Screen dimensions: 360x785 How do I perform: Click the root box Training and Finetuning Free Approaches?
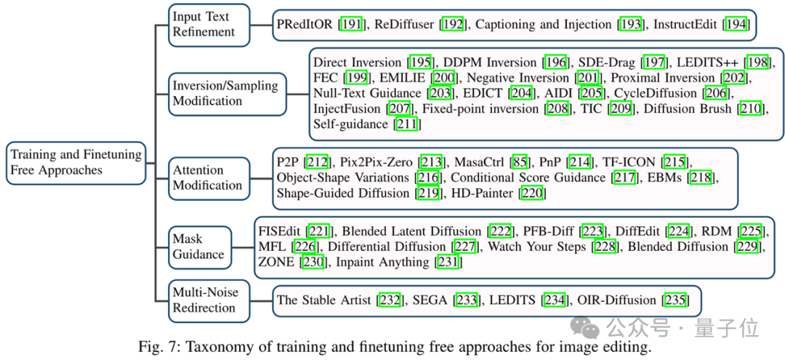click(x=76, y=162)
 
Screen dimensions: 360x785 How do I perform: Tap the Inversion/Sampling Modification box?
click(x=225, y=93)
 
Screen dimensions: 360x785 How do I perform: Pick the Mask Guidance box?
click(x=198, y=247)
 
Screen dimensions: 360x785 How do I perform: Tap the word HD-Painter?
click(x=477, y=193)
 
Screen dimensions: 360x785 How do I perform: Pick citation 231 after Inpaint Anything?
click(x=446, y=262)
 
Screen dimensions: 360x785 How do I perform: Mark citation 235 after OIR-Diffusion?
click(x=676, y=300)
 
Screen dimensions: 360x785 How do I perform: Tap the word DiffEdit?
click(x=639, y=231)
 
